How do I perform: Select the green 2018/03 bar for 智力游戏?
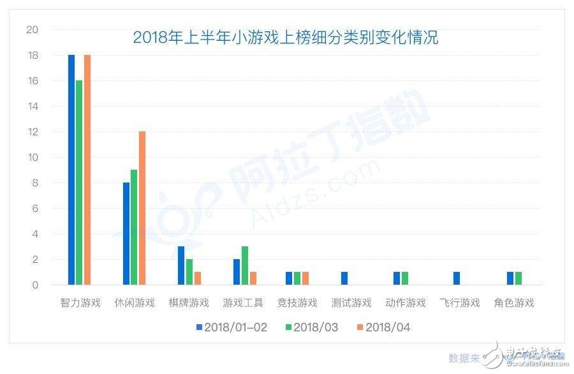click(x=79, y=183)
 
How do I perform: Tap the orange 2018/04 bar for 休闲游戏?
click(x=142, y=208)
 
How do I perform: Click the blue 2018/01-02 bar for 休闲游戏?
click(x=126, y=234)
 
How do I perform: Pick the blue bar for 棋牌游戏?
click(x=181, y=266)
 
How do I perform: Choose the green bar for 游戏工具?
click(x=244, y=266)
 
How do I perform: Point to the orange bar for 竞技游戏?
click(x=305, y=278)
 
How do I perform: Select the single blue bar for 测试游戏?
click(x=344, y=278)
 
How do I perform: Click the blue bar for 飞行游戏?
click(x=456, y=278)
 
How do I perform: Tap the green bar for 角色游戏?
click(x=518, y=278)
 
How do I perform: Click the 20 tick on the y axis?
click(x=32, y=30)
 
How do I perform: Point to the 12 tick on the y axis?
click(x=32, y=132)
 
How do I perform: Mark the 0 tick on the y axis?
click(x=34, y=285)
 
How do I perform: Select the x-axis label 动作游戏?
click(x=406, y=303)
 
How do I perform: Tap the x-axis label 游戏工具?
click(x=243, y=303)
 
